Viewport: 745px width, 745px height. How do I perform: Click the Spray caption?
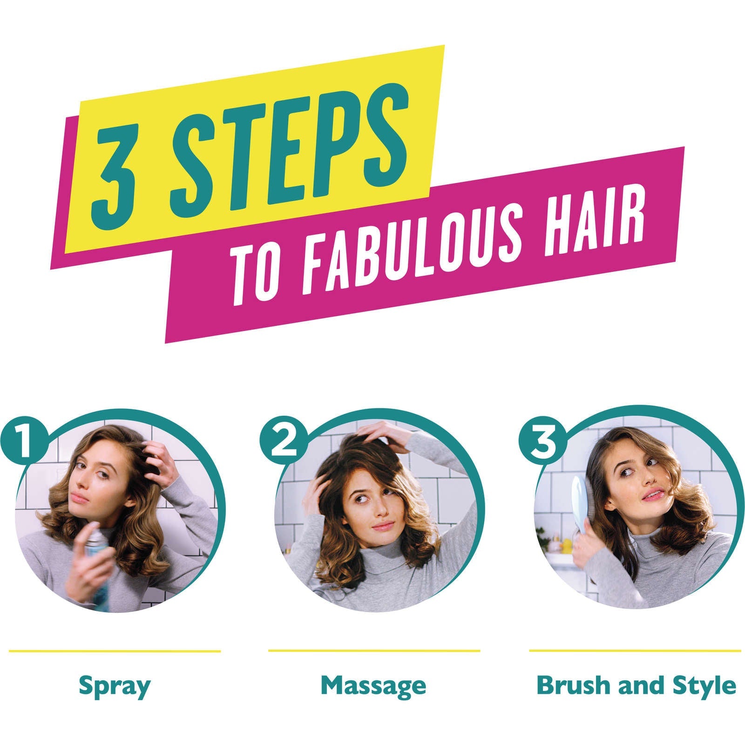tap(115, 685)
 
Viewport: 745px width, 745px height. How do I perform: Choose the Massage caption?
tap(373, 685)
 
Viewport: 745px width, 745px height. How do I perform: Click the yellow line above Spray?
tap(115, 651)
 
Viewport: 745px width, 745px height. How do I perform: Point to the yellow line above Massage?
tap(374, 650)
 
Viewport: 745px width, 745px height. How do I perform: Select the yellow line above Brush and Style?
tap(635, 650)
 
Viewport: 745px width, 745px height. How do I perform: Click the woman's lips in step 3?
tap(652, 494)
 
